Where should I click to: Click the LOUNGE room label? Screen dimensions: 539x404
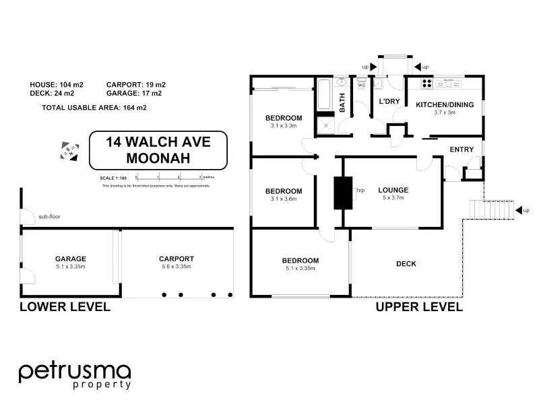pos(393,190)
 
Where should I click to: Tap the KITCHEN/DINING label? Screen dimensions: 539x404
pos(445,104)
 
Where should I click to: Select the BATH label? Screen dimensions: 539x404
pos(342,103)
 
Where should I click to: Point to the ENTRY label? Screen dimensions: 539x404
pos(462,149)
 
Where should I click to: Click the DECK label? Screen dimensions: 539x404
pos(406,264)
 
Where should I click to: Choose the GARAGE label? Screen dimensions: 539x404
pos(71,259)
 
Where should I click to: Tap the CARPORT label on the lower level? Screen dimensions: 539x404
pos(177,259)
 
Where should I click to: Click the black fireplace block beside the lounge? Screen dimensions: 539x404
pos(344,192)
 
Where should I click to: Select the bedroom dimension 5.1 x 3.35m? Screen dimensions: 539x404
pos(300,269)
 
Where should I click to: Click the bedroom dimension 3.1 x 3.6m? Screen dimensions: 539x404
pos(284,199)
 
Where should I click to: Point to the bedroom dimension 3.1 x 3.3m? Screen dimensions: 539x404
pos(284,126)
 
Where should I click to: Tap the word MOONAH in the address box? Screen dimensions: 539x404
pos(158,159)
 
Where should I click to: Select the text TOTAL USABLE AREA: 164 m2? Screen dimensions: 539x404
pos(94,108)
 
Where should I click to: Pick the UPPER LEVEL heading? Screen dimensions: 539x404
pos(419,307)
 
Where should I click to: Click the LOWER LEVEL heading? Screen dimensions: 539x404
pos(65,307)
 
